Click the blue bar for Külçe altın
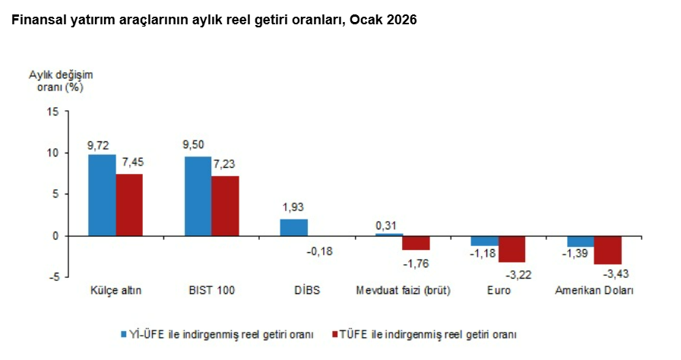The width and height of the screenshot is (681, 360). pyautogui.click(x=102, y=194)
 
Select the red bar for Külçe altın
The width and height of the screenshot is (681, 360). pyautogui.click(x=129, y=204)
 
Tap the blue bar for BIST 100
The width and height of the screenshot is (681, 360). pyautogui.click(x=198, y=195)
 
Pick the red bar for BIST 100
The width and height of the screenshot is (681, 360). pyautogui.click(x=225, y=205)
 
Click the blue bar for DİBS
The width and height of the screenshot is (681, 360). pyautogui.click(x=293, y=227)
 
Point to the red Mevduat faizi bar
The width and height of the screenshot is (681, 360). pyautogui.click(x=417, y=242)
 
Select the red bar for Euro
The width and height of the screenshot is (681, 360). pyautogui.click(x=512, y=248)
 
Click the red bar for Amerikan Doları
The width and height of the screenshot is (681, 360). pyautogui.click(x=608, y=250)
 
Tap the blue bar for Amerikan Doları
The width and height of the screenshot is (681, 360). pyautogui.click(x=581, y=241)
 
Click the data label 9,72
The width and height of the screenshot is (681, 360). pyautogui.click(x=100, y=144)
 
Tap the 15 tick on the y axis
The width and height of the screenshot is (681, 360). pyautogui.click(x=52, y=112)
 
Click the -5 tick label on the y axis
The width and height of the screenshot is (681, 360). pyautogui.click(x=52, y=277)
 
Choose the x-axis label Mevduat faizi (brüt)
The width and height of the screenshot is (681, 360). pyautogui.click(x=404, y=291)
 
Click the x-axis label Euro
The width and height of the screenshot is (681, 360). pyautogui.click(x=498, y=291)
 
